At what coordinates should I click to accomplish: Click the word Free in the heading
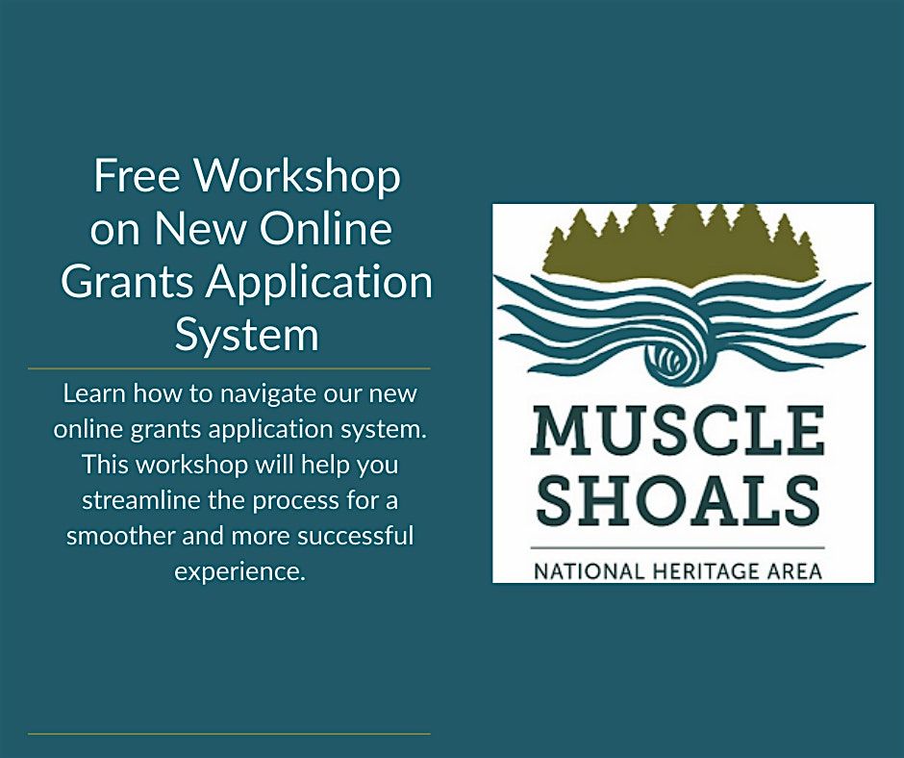[x=136, y=175]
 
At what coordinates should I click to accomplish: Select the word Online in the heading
[x=326, y=228]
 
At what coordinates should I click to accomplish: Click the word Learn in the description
[x=94, y=393]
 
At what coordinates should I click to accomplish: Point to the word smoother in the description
[x=120, y=536]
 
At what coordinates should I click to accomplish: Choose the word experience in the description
[x=239, y=572]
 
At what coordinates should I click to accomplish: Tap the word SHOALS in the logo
[x=678, y=499]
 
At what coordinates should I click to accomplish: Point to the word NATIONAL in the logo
[x=588, y=571]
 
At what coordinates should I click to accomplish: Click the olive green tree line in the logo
[x=682, y=245]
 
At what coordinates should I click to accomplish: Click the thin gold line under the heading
[x=229, y=368]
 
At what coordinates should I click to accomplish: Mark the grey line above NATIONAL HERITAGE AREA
[x=677, y=547]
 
